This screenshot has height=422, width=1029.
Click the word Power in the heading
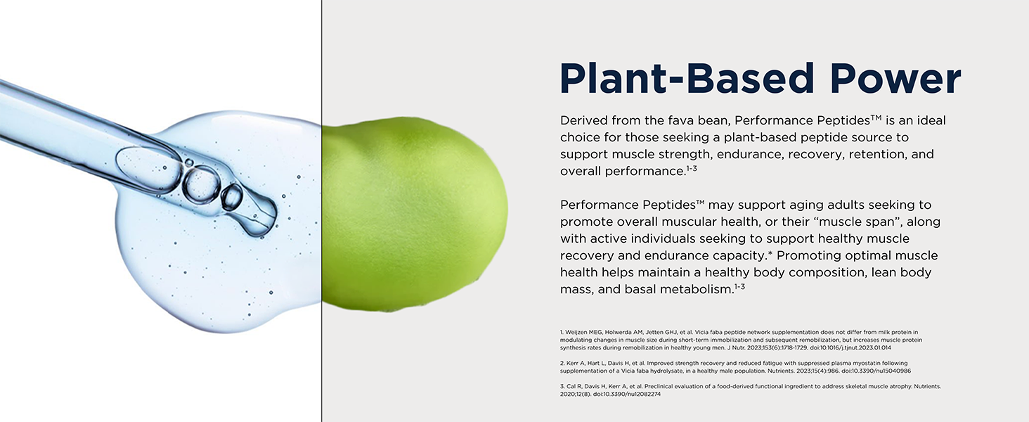coord(895,79)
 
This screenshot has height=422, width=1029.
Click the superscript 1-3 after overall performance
coord(692,168)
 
